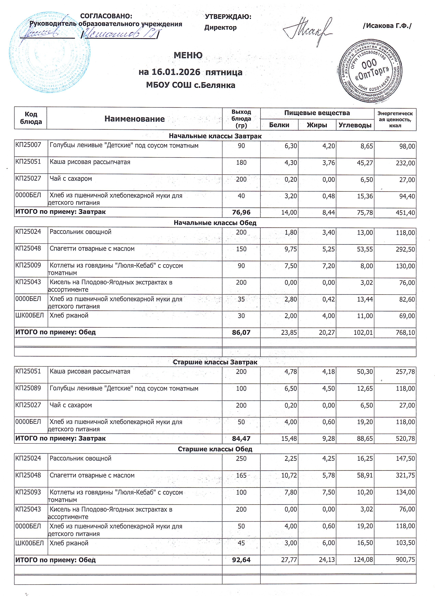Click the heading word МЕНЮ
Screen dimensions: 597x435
click(188, 55)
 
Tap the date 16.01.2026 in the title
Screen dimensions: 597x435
click(176, 72)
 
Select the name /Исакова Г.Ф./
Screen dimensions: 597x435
click(387, 26)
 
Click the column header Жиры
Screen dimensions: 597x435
click(317, 125)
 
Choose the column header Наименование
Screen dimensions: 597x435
click(134, 119)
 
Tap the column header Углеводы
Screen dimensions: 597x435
click(355, 125)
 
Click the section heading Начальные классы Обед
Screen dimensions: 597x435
click(215, 223)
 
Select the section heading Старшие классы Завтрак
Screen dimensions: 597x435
click(215, 362)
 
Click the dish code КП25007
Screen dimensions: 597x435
click(28, 145)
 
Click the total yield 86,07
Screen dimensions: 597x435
click(241, 333)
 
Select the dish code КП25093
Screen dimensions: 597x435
click(28, 492)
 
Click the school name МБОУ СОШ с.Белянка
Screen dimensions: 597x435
click(190, 85)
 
